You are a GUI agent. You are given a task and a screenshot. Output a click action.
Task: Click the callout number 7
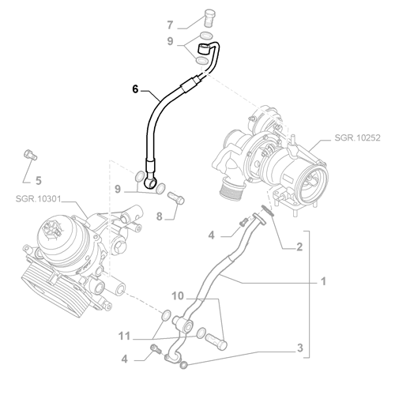pos(170,25)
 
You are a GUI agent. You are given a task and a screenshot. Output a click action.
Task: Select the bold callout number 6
pos(135,89)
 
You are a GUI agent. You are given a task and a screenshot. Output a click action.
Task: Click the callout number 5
pos(39,181)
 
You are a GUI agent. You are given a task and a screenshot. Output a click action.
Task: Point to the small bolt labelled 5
pos(31,154)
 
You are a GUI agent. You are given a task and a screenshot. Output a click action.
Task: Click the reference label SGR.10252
pos(357,137)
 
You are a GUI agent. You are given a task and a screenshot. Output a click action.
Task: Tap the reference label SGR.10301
pos(38,198)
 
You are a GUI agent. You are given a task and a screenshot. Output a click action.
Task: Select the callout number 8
pos(160,216)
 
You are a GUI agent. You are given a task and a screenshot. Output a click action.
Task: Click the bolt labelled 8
pos(176,197)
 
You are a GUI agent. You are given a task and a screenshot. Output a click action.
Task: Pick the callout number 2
pos(299,247)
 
